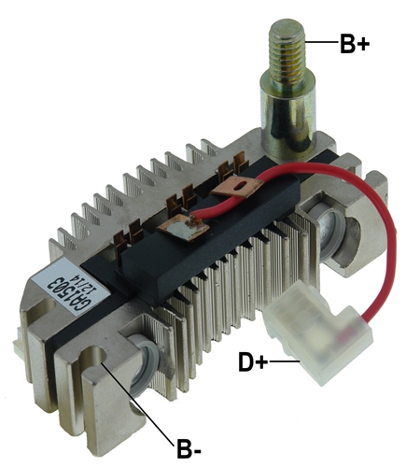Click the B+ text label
click(x=355, y=44)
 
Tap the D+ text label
click(x=253, y=361)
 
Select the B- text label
click(x=189, y=448)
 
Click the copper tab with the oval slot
click(x=237, y=186)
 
